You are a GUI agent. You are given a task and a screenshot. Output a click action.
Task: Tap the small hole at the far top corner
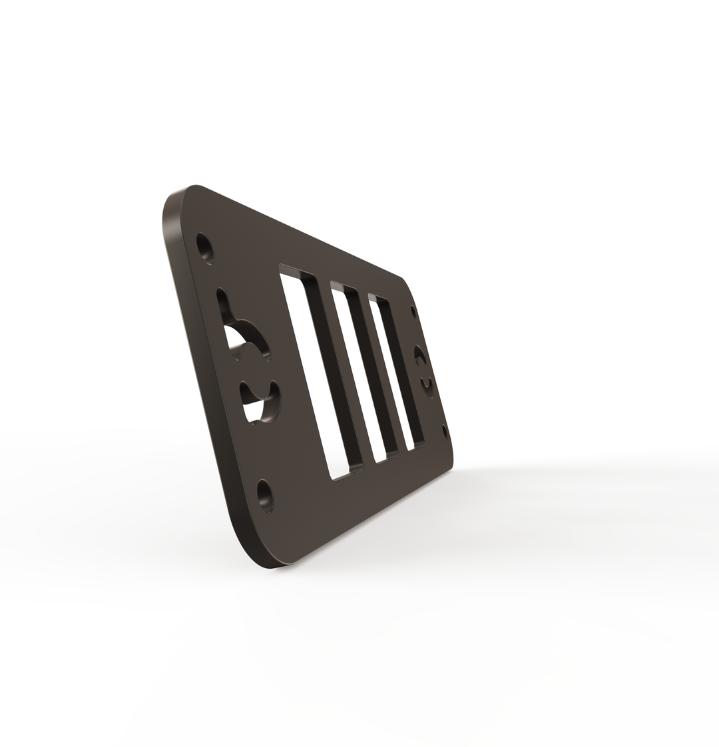(414, 311)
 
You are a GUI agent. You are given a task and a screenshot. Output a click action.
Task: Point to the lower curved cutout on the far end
(427, 385)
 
